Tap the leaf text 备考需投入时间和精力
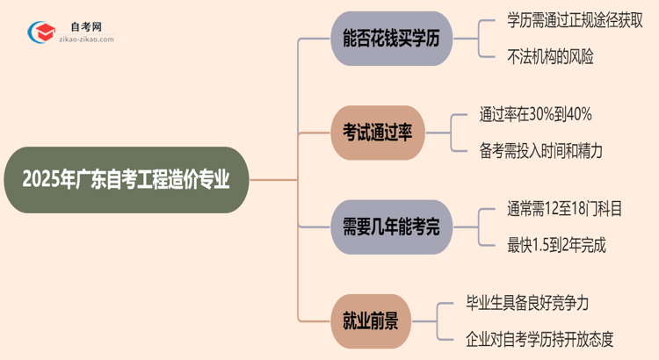[541, 150]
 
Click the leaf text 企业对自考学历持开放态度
[553, 337]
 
